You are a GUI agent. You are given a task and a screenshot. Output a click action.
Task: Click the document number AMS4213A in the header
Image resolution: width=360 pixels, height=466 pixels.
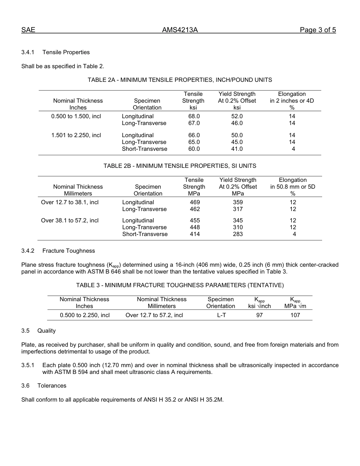click(x=180, y=30)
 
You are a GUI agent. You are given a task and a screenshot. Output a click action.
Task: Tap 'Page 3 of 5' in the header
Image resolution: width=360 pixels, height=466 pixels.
click(x=318, y=30)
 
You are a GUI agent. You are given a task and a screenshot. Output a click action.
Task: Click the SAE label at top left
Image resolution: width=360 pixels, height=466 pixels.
click(x=28, y=30)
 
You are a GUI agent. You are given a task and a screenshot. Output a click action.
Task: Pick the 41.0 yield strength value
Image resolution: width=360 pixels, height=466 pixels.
click(x=237, y=149)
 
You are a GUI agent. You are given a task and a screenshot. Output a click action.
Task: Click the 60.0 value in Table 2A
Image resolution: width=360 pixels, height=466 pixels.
click(x=194, y=149)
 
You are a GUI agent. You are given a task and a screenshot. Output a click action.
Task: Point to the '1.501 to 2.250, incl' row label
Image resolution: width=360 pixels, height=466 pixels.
click(x=76, y=135)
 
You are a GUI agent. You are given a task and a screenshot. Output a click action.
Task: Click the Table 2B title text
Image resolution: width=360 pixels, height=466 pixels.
click(x=180, y=166)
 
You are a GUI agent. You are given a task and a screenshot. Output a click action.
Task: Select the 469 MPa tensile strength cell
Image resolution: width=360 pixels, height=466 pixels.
click(x=194, y=202)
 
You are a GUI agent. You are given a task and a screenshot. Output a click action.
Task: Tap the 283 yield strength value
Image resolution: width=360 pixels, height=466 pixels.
click(x=238, y=234)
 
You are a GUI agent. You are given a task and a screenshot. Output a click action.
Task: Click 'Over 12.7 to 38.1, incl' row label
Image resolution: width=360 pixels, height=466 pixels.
click(x=70, y=202)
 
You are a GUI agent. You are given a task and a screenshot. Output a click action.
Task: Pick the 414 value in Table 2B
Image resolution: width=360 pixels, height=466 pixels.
click(x=194, y=234)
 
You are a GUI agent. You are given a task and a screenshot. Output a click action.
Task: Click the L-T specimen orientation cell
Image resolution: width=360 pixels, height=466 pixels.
click(x=222, y=315)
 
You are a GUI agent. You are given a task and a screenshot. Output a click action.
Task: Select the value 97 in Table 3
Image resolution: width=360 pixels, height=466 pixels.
click(x=259, y=315)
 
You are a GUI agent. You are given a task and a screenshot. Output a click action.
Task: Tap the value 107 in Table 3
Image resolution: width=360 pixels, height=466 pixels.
click(x=295, y=315)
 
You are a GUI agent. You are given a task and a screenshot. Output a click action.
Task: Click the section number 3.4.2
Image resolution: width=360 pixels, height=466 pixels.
click(x=28, y=251)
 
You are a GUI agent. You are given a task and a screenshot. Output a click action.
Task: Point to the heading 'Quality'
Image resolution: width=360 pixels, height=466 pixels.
click(x=46, y=331)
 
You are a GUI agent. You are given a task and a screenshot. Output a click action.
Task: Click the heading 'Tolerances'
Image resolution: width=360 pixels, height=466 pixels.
click(x=52, y=386)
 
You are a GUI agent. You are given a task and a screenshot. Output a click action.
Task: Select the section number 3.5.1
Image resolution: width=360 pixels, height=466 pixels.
click(x=28, y=365)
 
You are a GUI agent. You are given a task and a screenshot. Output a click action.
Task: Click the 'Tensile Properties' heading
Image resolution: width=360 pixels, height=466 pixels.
click(x=66, y=52)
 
